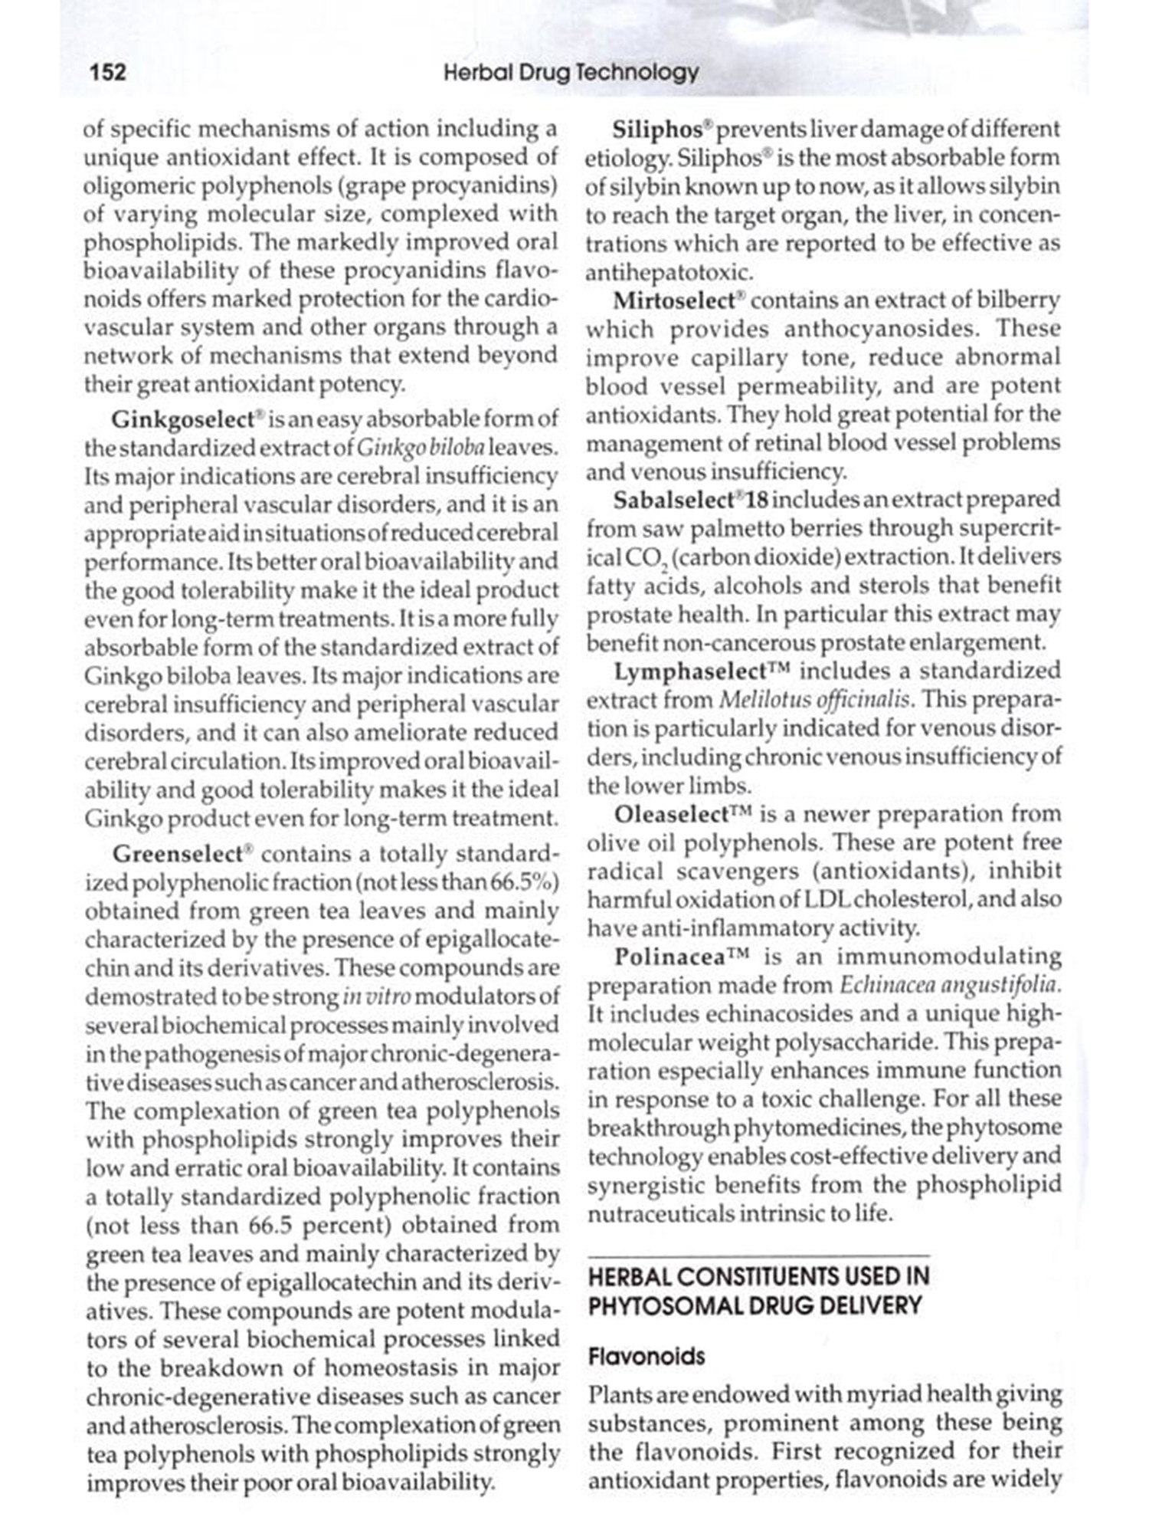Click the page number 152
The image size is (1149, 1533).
(x=108, y=73)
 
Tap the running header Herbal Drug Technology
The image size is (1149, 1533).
(x=571, y=73)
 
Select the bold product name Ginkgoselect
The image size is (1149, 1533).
(x=182, y=419)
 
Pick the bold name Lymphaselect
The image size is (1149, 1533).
(x=689, y=671)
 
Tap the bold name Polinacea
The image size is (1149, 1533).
(x=668, y=957)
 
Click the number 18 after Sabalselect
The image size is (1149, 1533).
(x=757, y=501)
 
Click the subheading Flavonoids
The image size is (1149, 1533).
(x=646, y=1357)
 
